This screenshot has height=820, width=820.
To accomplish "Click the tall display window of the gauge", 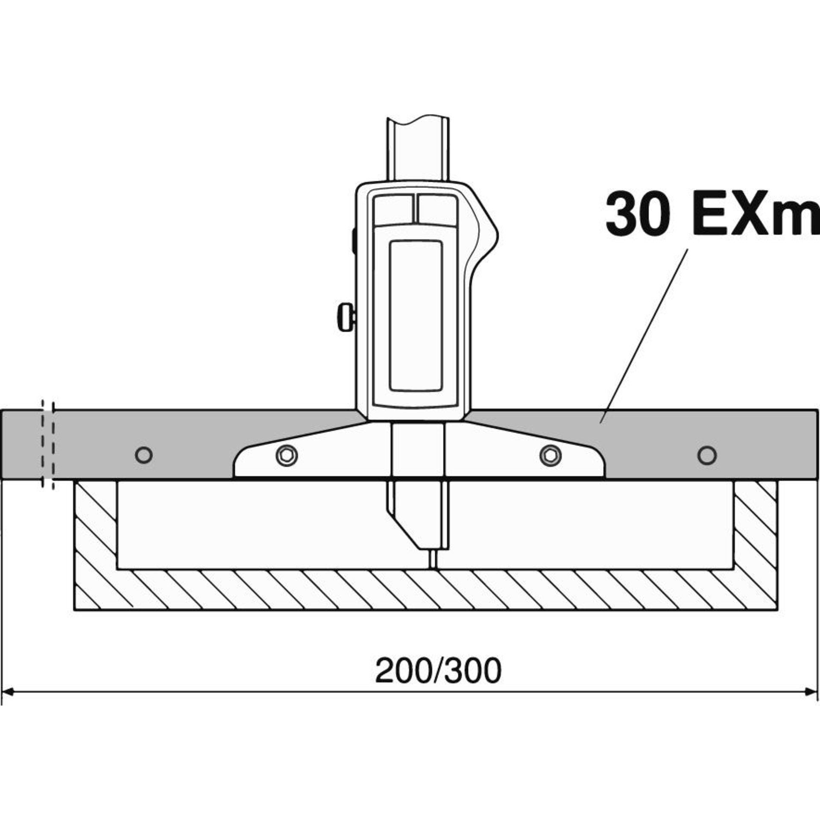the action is [x=416, y=315].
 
